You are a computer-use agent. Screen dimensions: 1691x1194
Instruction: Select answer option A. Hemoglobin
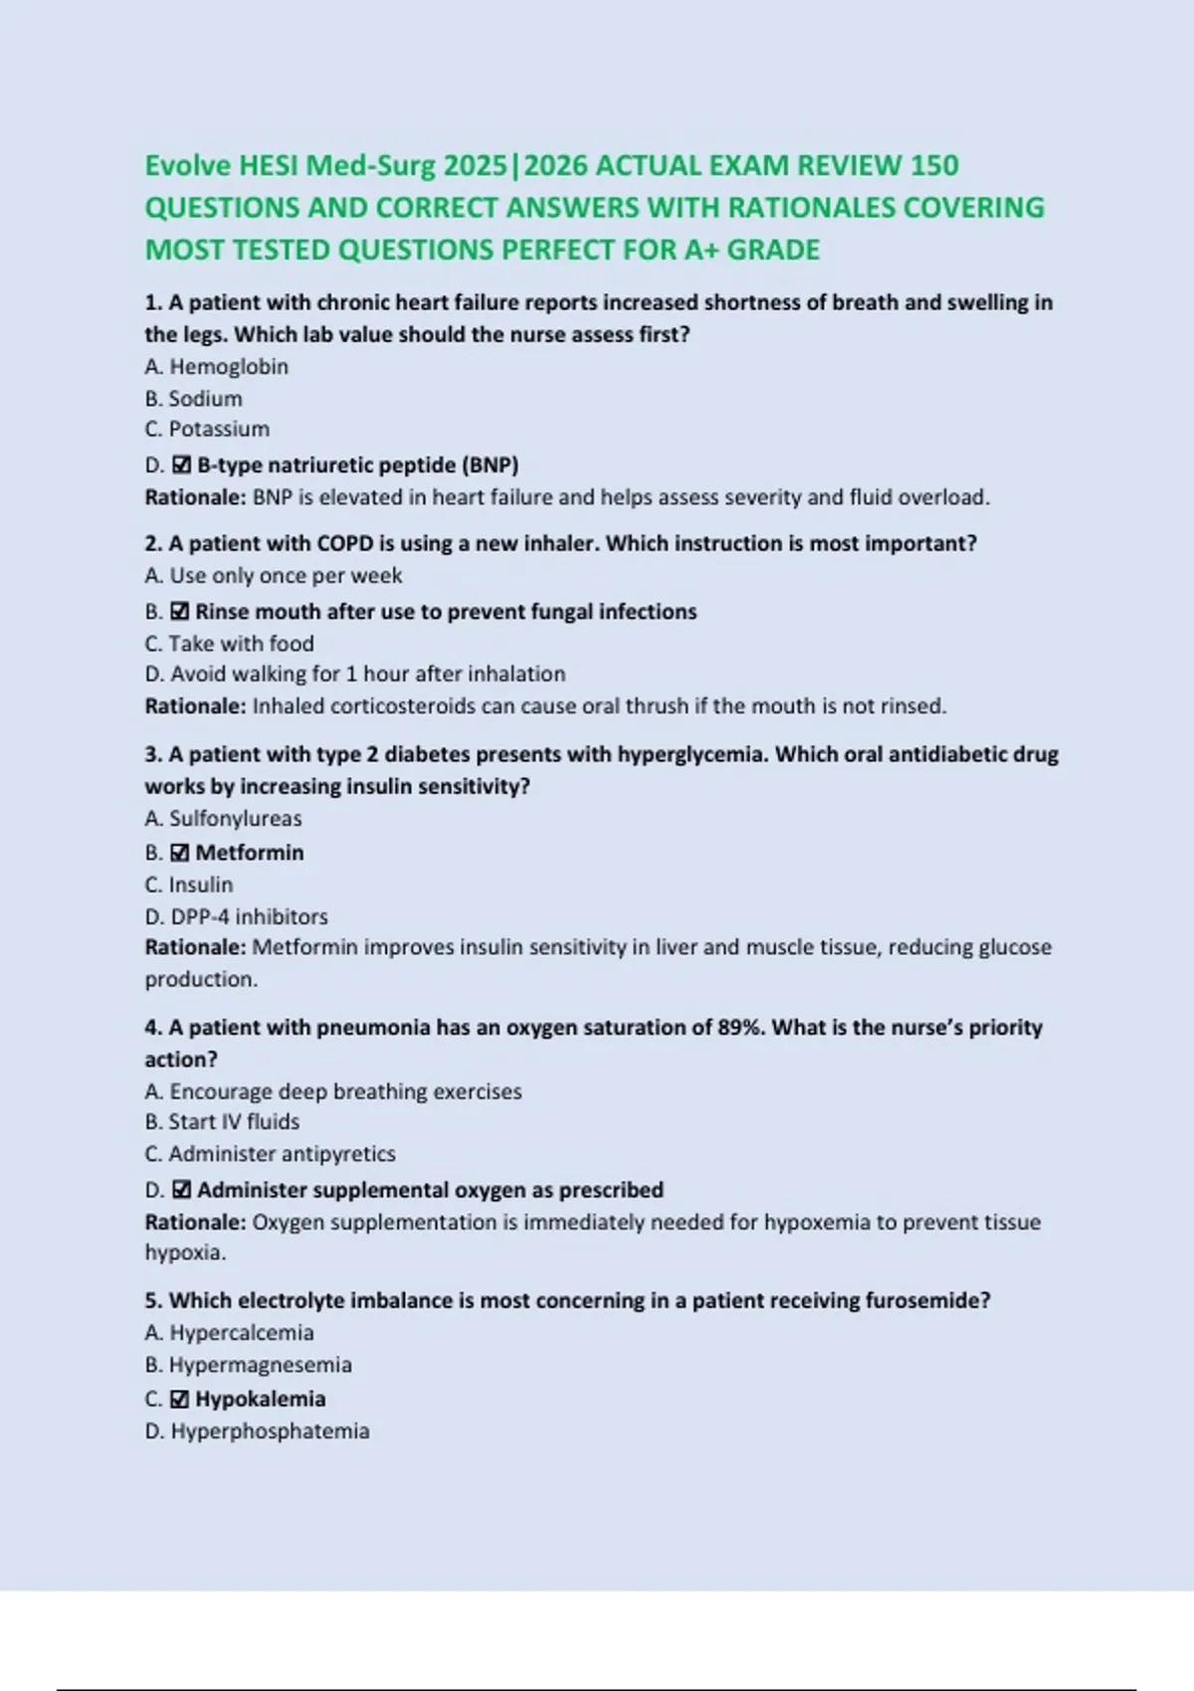coord(217,367)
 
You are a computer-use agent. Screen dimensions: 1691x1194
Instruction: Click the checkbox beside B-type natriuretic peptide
coord(181,465)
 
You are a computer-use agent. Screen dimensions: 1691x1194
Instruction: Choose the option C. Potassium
coord(207,429)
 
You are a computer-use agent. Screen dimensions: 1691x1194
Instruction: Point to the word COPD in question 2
coord(343,543)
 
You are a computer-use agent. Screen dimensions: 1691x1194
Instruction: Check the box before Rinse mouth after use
coord(180,612)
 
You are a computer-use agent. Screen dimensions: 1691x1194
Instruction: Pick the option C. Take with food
coord(229,644)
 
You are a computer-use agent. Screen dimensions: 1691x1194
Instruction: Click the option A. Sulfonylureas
coord(223,819)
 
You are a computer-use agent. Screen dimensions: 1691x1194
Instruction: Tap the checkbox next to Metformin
coord(180,852)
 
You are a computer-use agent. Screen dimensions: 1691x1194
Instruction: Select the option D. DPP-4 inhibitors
coord(236,916)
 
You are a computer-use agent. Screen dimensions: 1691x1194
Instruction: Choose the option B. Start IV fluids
coord(222,1122)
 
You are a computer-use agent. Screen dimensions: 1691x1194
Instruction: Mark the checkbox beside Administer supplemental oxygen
coord(181,1190)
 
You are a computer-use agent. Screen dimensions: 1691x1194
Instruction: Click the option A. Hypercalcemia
coord(229,1333)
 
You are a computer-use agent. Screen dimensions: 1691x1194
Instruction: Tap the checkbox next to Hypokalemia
coord(180,1399)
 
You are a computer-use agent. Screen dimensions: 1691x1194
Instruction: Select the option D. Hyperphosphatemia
coord(257,1431)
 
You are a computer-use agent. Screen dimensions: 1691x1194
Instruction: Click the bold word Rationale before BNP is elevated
coord(195,497)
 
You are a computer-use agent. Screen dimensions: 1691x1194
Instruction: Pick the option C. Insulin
coord(189,884)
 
